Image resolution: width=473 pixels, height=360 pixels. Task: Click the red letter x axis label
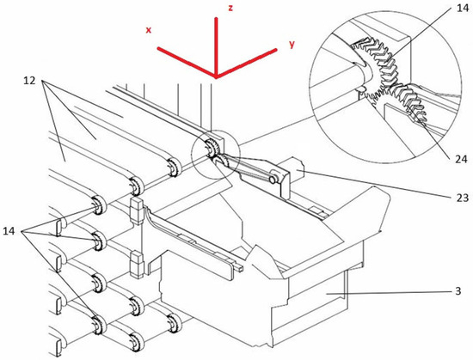[x=149, y=30]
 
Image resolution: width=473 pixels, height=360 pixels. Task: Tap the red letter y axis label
[x=292, y=45]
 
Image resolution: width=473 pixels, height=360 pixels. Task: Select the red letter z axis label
[x=230, y=8]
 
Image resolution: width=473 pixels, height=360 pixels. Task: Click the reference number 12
[x=29, y=81]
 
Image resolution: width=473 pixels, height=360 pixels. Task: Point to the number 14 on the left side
[x=9, y=231]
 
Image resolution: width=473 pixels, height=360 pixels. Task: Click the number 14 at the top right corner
[x=463, y=8]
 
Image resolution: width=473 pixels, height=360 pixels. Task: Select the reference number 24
[x=461, y=159]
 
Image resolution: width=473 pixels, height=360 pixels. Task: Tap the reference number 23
[x=462, y=198]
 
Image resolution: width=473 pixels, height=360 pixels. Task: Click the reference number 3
[x=458, y=291]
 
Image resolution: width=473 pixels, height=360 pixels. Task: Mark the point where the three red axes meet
[x=215, y=76]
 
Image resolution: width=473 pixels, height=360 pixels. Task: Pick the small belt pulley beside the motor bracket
[x=273, y=180]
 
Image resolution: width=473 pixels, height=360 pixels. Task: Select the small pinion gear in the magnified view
[x=411, y=102]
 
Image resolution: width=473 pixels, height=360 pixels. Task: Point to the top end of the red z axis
[x=216, y=19]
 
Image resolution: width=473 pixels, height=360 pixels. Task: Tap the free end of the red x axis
[x=158, y=48]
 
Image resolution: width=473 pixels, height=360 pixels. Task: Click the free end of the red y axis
[x=276, y=50]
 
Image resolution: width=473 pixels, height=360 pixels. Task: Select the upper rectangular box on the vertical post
[x=137, y=211]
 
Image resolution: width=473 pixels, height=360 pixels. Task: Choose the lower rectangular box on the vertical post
[x=138, y=265]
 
